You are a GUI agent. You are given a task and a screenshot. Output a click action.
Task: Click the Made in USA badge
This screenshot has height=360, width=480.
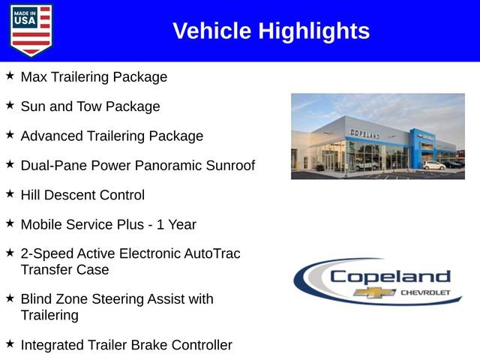click(x=31, y=30)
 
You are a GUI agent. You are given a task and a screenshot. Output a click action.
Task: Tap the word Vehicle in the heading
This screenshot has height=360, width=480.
click(x=212, y=31)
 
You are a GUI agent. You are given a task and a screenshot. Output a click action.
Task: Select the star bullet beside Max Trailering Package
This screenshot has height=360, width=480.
click(x=10, y=76)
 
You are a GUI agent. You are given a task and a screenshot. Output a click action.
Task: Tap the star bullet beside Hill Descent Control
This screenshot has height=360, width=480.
click(x=10, y=193)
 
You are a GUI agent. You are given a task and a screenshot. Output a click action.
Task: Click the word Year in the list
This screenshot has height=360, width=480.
click(x=181, y=224)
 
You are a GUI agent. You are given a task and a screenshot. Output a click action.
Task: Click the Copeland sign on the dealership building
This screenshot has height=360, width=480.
click(x=365, y=134)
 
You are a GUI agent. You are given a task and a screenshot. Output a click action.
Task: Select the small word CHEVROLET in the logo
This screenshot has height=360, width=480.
click(x=426, y=292)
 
